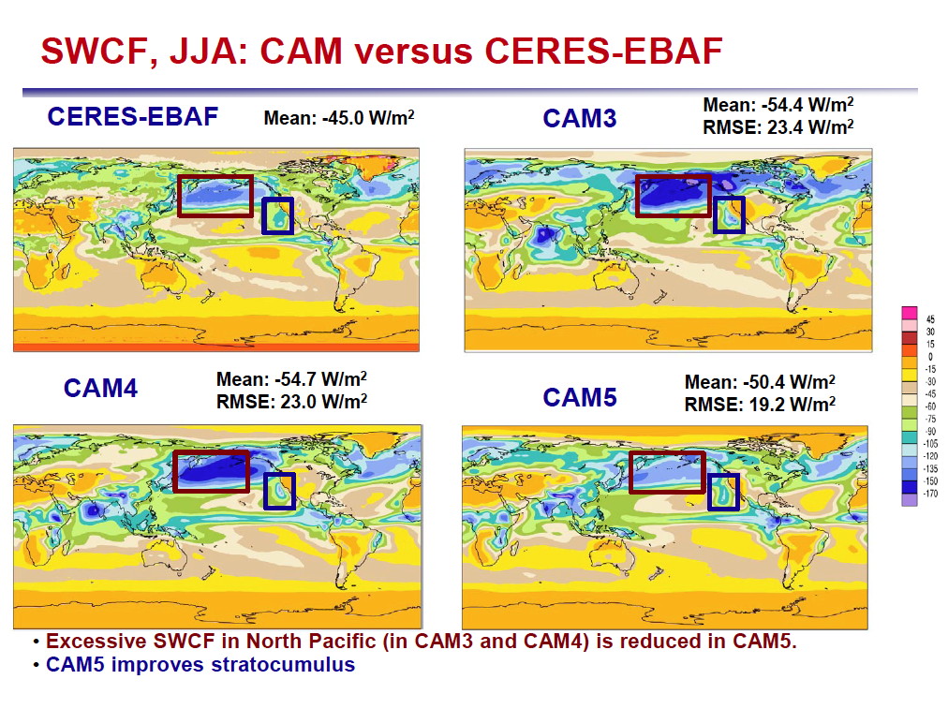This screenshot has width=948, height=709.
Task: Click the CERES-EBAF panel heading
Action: click(x=132, y=117)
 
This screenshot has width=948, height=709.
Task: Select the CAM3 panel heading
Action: click(x=579, y=118)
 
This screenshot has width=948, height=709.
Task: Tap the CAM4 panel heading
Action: click(x=100, y=388)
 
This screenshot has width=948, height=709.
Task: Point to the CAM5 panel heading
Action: click(x=579, y=397)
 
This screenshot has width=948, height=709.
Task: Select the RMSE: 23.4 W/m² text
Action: click(x=778, y=127)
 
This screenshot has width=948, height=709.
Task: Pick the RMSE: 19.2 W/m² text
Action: click(x=760, y=405)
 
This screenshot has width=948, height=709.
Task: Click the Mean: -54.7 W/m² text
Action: click(x=291, y=379)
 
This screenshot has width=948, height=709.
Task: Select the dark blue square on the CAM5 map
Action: click(x=708, y=492)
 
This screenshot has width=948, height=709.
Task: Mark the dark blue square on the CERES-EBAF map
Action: click(x=263, y=215)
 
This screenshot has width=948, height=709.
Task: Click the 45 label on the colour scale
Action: click(x=930, y=319)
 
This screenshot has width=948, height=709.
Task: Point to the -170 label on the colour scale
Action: click(x=930, y=494)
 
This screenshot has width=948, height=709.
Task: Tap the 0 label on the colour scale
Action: click(x=930, y=357)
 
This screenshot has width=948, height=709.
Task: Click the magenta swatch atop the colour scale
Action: click(x=910, y=313)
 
